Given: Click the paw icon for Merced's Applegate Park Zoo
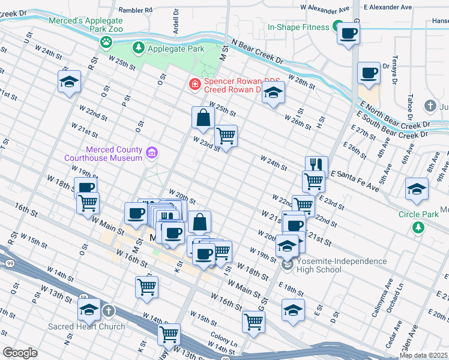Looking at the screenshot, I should click(106, 42).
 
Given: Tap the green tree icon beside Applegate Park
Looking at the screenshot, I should click(139, 47).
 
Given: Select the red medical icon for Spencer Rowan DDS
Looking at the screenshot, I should click(194, 85).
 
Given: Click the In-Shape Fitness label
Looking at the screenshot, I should click(298, 27).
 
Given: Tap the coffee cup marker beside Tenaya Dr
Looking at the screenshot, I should click(369, 73).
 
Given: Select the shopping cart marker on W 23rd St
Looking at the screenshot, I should click(226, 136).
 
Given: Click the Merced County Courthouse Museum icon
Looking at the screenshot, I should click(152, 154).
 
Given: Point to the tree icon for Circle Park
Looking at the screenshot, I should click(418, 227).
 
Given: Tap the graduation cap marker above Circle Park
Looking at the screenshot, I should click(417, 190).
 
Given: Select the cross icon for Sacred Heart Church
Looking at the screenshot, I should click(108, 311).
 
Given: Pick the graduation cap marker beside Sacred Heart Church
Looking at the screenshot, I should click(89, 310).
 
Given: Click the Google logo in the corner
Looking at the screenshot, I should click(20, 353).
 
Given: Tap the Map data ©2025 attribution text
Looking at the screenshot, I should click(423, 355).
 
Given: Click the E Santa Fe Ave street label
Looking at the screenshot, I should click(354, 179).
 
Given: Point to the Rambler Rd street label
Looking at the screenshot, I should click(135, 10).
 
